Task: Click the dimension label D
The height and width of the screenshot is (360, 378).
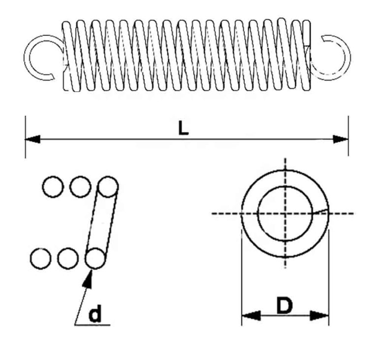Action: (284, 306)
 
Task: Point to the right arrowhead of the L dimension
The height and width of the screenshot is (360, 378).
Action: (341, 139)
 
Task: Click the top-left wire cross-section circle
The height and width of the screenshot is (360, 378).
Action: (53, 187)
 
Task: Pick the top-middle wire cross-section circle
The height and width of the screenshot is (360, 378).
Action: (80, 187)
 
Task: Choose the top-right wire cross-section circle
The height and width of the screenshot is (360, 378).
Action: (107, 187)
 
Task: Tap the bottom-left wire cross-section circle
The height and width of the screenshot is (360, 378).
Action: (40, 258)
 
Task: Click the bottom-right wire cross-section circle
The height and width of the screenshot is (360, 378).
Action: (94, 258)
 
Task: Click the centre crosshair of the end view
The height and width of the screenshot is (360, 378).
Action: (284, 213)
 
